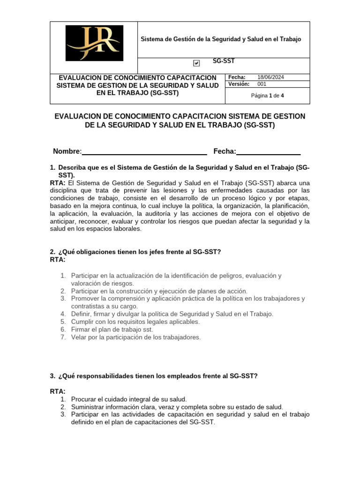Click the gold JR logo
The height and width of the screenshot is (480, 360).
(94, 43)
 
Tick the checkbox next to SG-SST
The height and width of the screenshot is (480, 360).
(196, 63)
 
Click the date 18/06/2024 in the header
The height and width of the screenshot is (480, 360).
(274, 77)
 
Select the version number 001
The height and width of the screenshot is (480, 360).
(262, 84)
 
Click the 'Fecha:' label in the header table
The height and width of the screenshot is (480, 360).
(237, 77)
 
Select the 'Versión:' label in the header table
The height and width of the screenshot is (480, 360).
(239, 84)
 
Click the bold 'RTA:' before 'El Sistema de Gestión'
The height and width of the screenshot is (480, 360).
(58, 183)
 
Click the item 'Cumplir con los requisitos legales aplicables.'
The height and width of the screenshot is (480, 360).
(135, 322)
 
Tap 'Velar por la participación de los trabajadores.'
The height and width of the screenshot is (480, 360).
(135, 337)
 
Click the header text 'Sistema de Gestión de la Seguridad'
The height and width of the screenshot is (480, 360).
(221, 39)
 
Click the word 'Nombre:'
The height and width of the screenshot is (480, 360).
(67, 151)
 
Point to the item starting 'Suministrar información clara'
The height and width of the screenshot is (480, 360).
(177, 407)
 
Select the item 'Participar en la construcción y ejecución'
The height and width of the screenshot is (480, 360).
(159, 291)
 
